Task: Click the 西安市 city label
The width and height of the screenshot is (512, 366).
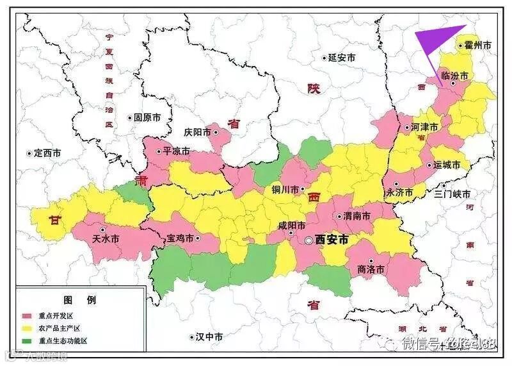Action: point(332,239)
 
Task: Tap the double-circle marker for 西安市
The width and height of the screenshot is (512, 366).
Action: point(309,240)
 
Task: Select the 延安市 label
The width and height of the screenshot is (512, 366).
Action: point(342,58)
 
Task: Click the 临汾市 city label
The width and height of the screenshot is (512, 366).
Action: point(455,76)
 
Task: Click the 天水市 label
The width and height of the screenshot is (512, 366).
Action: point(106,239)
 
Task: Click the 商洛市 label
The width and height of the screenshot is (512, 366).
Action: point(371,270)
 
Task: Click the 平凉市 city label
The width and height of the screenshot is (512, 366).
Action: point(176,152)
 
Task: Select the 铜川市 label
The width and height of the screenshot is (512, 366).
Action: point(285,190)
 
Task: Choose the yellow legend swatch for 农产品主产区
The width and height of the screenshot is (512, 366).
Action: point(28,328)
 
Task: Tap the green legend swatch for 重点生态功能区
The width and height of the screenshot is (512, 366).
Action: point(28,340)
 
